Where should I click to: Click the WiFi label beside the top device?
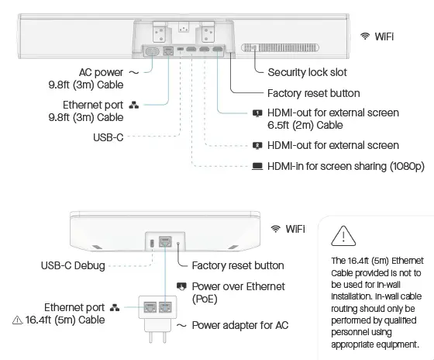point(388,36)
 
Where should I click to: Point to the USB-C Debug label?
point(73,265)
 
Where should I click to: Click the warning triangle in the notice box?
point(342,234)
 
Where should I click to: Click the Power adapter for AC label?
point(240,325)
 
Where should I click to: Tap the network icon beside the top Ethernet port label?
point(133,105)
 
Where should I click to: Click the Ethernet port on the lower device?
point(164,242)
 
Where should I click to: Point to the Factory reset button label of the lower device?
point(237,265)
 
